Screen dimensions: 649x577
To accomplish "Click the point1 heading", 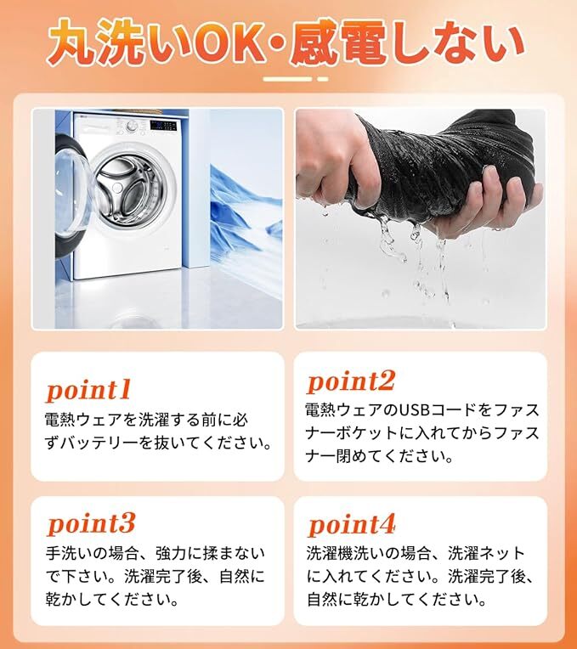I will coord(88,389).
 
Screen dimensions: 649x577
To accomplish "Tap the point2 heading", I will coord(351,381).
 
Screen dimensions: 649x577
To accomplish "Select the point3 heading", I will coord(91,522).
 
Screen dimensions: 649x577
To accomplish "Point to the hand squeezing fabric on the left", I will coord(327,166).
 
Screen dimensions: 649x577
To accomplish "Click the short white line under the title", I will coord(289,79).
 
